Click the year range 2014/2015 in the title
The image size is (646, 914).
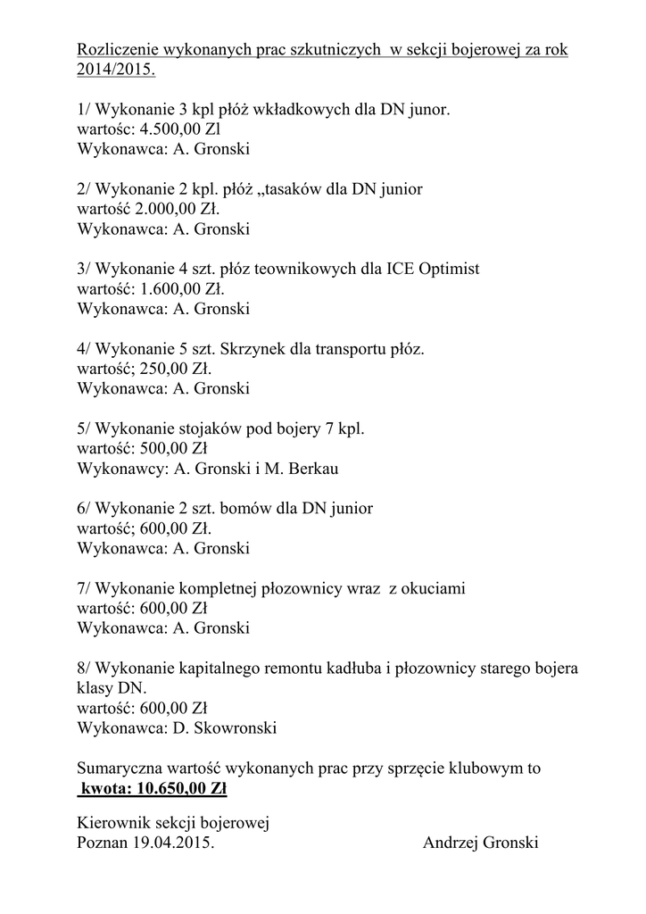click(114, 69)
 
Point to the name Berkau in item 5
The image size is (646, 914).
click(311, 469)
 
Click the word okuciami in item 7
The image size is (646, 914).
click(436, 588)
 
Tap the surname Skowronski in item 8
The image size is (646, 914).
click(230, 727)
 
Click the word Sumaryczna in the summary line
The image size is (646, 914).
click(120, 769)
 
